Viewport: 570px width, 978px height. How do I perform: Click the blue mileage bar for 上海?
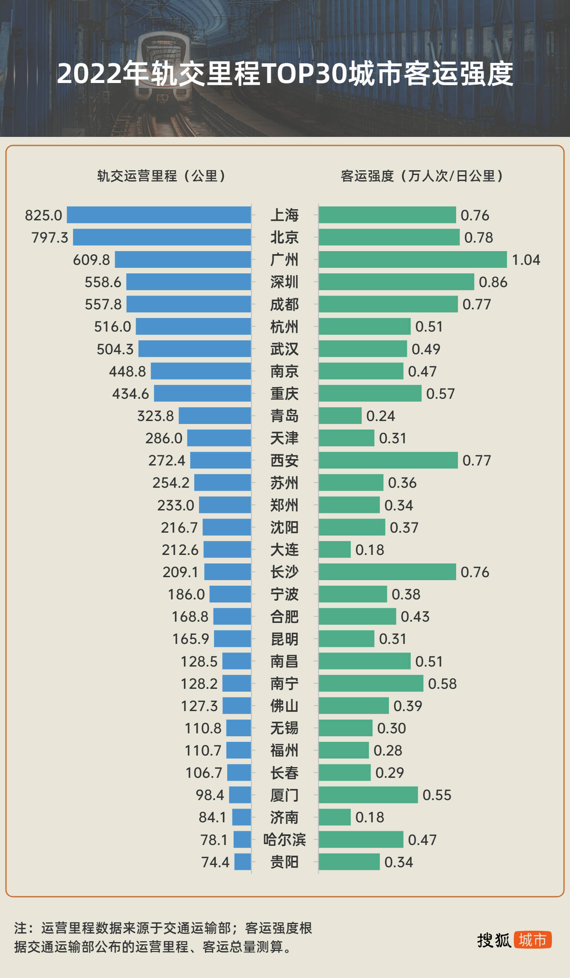pyautogui.click(x=159, y=215)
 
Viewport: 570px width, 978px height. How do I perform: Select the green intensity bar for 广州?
pyautogui.click(x=413, y=260)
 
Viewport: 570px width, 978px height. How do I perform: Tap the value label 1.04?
pyautogui.click(x=526, y=260)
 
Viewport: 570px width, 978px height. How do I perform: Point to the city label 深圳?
pyautogui.click(x=284, y=282)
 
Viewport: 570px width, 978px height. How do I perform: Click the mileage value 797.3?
pyautogui.click(x=50, y=237)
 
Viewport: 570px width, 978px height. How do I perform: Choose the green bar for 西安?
pyautogui.click(x=388, y=460)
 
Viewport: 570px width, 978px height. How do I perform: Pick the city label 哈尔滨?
pyautogui.click(x=284, y=839)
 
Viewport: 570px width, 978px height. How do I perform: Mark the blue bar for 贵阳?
pyautogui.click(x=243, y=862)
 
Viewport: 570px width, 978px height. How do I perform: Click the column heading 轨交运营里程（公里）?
pyautogui.click(x=161, y=176)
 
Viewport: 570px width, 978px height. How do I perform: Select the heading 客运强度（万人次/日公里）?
pyautogui.click(x=422, y=176)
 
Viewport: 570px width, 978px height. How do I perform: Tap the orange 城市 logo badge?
pyautogui.click(x=532, y=940)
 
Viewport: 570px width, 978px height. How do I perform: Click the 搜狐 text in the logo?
pyautogui.click(x=494, y=940)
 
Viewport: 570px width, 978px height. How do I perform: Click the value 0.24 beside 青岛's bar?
pyautogui.click(x=380, y=416)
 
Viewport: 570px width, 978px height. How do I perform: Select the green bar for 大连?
pyautogui.click(x=335, y=549)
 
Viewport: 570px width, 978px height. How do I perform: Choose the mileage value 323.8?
pyautogui.click(x=155, y=416)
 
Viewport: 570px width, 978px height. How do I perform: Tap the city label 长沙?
pyautogui.click(x=284, y=572)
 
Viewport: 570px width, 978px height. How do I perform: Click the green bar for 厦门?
pyautogui.click(x=368, y=794)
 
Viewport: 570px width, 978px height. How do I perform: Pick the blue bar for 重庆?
pyautogui.click(x=202, y=393)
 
